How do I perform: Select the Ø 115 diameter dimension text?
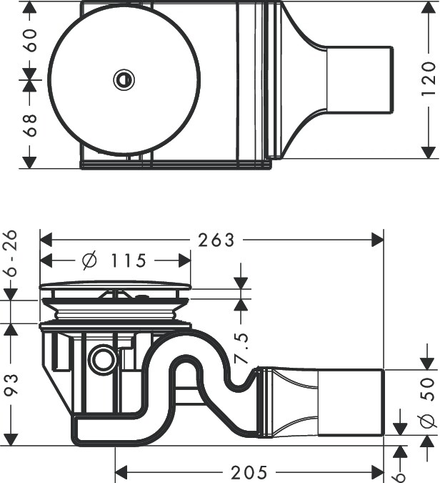click(114, 261)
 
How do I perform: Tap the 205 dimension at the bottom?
click(249, 472)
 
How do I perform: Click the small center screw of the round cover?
click(124, 79)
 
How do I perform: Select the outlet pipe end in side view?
click(350, 402)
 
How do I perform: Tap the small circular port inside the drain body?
click(104, 359)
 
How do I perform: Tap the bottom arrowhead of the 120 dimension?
click(429, 152)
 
